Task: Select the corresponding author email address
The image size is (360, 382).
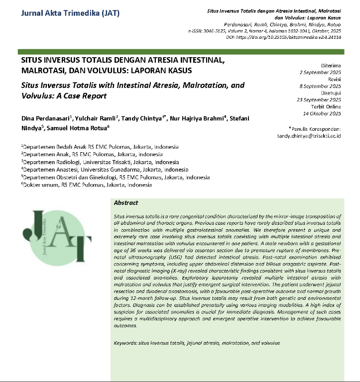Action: coord(309,135)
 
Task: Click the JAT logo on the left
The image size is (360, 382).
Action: coord(56,238)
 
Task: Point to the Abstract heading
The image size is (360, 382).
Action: coord(126,203)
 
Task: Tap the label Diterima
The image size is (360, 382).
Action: coord(331,65)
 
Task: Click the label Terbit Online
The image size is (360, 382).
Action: coord(326,106)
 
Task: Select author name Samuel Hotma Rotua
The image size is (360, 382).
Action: coord(70,128)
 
